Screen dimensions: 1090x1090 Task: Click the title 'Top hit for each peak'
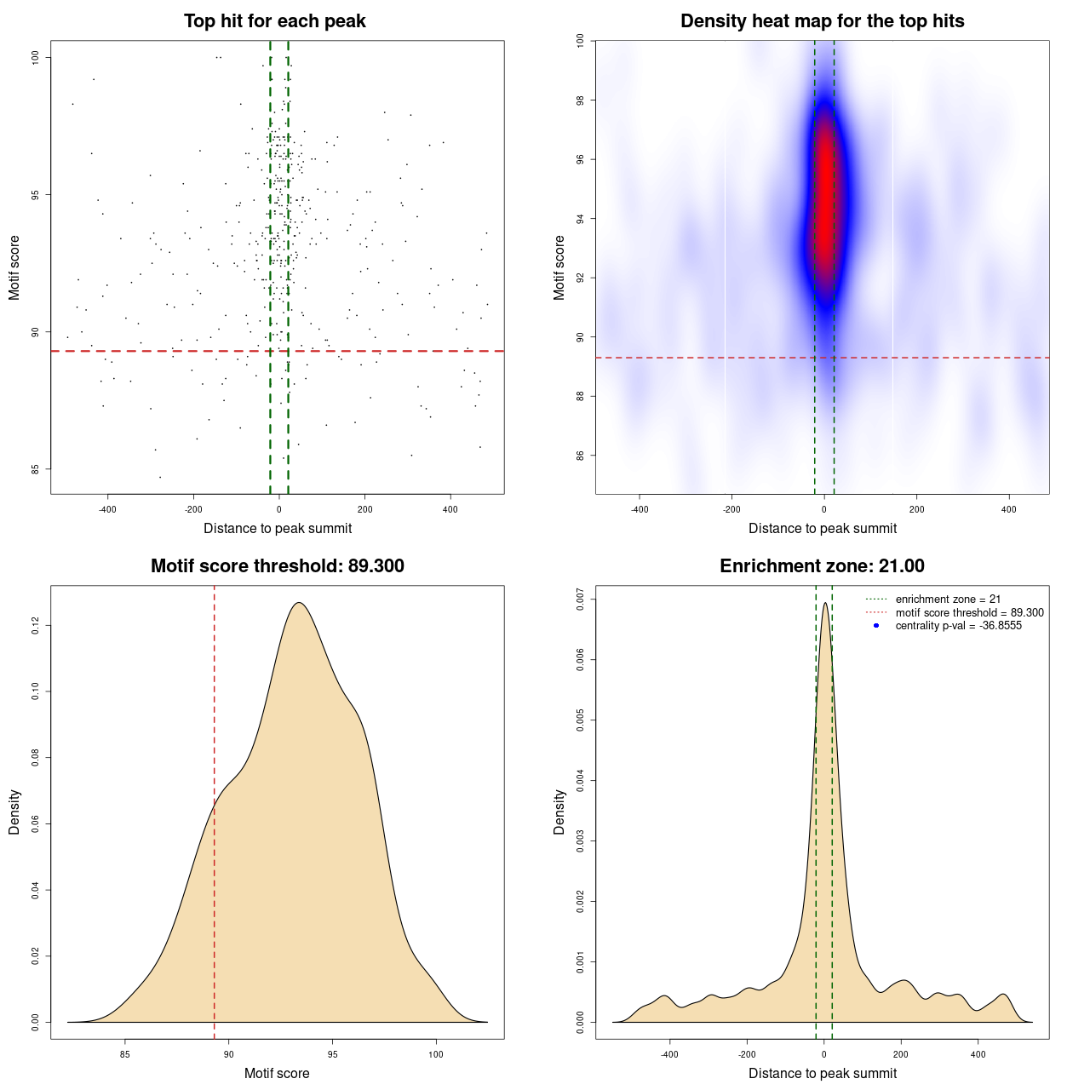(x=274, y=21)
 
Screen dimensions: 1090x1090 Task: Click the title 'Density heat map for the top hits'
(x=822, y=21)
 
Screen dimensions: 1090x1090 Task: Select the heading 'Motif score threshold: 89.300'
(x=277, y=566)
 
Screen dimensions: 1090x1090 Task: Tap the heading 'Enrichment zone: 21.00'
(x=822, y=566)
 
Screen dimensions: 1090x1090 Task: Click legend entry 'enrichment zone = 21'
(x=948, y=599)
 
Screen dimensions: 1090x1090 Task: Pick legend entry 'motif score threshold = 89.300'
(x=969, y=612)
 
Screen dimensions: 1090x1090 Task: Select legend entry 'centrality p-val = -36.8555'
(x=958, y=626)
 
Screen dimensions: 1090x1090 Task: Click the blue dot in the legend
(x=876, y=626)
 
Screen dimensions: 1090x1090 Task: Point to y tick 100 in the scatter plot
(x=36, y=57)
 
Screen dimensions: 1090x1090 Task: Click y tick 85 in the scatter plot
(x=36, y=469)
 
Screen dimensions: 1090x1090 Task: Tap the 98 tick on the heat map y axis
(x=581, y=100)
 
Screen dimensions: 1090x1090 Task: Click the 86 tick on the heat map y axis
(x=581, y=456)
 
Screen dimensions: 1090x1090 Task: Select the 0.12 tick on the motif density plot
(x=36, y=626)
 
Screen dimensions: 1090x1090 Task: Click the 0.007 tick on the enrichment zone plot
(x=581, y=599)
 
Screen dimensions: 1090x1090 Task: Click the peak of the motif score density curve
(x=299, y=603)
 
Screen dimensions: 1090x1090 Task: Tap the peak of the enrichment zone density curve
(x=824, y=604)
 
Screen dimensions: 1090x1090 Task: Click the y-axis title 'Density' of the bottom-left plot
(x=14, y=812)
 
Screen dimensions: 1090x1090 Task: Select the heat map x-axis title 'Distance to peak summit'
(x=822, y=528)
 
